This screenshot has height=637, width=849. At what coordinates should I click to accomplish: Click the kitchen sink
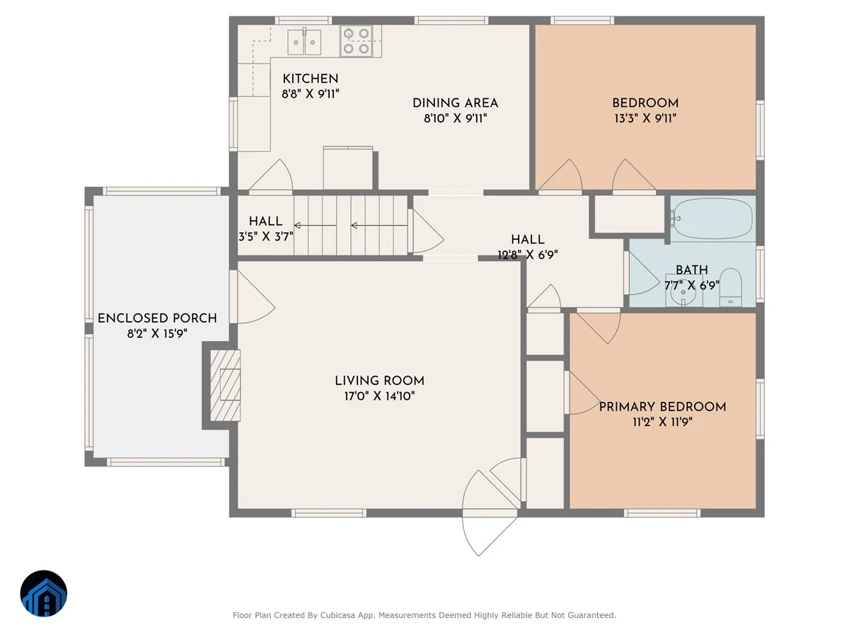click(304, 42)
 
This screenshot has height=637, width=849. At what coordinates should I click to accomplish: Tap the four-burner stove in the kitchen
click(356, 41)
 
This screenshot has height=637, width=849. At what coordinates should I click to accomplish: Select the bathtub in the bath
click(713, 219)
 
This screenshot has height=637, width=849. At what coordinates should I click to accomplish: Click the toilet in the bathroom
click(730, 287)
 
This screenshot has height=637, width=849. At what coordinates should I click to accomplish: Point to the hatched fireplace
click(225, 385)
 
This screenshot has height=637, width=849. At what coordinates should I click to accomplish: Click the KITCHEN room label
click(310, 79)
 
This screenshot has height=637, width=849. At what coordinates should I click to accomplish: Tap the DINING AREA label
click(455, 103)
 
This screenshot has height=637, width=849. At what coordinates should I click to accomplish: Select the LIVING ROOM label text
click(379, 381)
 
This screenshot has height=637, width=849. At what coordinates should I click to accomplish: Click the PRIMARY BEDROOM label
click(662, 407)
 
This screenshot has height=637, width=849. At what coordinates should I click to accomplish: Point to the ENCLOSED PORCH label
click(157, 318)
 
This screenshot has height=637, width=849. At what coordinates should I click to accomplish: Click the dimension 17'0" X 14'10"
click(379, 396)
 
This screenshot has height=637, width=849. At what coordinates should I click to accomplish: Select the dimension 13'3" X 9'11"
click(645, 118)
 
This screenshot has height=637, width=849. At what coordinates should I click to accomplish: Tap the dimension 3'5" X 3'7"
click(266, 236)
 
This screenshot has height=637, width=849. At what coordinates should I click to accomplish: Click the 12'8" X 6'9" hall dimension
click(528, 255)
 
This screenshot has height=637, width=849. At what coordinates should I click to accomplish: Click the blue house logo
click(44, 593)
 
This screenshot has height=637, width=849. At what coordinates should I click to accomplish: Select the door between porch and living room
click(252, 297)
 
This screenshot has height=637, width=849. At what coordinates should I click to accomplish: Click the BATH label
click(691, 270)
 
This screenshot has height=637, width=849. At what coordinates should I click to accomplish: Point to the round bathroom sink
click(683, 292)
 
